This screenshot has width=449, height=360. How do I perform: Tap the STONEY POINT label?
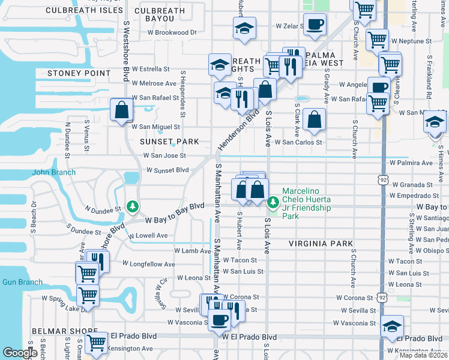(76, 73)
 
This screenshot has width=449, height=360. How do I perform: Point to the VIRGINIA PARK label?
(320, 244)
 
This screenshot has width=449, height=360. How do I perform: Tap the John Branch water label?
(54, 173)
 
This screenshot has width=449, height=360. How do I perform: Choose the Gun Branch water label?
(22, 282)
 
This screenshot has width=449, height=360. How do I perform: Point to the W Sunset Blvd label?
(168, 170)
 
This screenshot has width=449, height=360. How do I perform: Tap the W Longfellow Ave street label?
(148, 263)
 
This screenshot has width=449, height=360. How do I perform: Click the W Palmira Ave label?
(411, 163)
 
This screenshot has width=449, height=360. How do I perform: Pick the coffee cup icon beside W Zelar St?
(315, 25)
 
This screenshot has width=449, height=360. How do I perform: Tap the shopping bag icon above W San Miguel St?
(122, 110)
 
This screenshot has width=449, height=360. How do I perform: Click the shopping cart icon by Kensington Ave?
(96, 343)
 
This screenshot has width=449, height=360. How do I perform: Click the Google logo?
(20, 353)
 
